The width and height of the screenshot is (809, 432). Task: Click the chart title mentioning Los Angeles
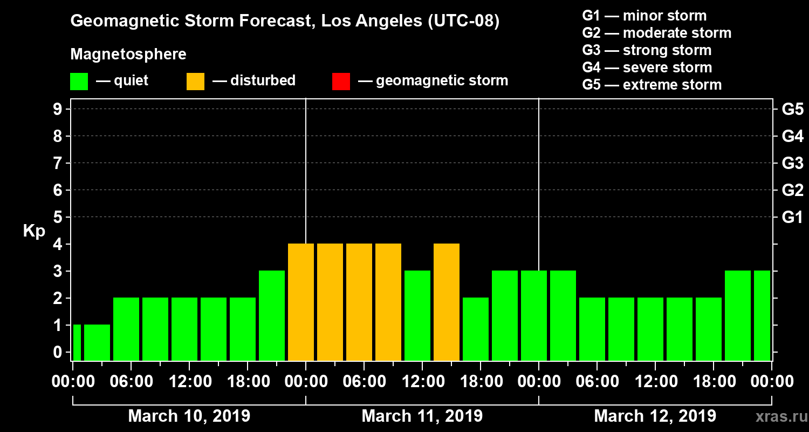coord(285,22)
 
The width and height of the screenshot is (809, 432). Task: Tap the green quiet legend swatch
coord(79,81)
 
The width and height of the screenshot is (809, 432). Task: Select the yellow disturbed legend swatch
coord(195,81)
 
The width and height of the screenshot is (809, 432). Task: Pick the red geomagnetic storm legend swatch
coord(341,81)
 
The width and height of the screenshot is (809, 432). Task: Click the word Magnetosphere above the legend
coord(128,55)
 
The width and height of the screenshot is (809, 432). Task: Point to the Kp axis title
coord(34,231)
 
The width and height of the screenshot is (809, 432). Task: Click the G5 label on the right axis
coord(792,109)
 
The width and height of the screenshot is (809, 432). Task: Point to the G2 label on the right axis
coord(792,190)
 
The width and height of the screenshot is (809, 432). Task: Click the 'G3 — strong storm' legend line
coord(647,50)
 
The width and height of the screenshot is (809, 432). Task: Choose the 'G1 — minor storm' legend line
coord(644,16)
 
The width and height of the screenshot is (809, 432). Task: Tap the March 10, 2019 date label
coord(189,416)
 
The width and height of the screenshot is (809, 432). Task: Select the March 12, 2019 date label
coord(655,416)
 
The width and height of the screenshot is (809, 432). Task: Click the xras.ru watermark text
coord(776,416)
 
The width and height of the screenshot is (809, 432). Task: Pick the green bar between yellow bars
coord(417,315)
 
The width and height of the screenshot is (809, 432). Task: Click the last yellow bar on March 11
coord(447,302)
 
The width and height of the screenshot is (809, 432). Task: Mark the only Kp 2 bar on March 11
coord(476,329)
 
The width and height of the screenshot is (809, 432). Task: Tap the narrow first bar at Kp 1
coord(77,342)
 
